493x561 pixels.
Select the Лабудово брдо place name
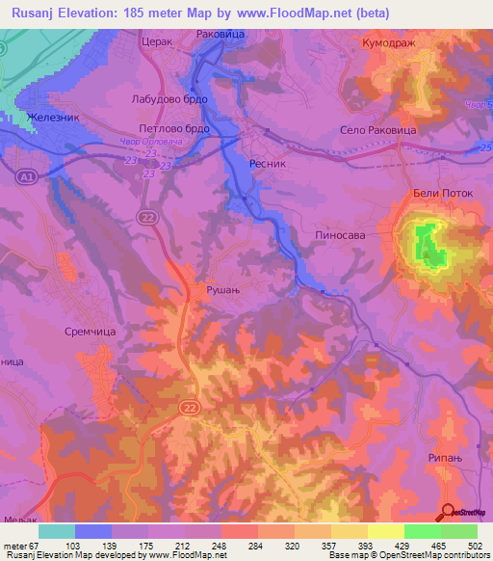(x=164, y=99)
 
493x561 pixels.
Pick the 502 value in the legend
(x=475, y=545)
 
